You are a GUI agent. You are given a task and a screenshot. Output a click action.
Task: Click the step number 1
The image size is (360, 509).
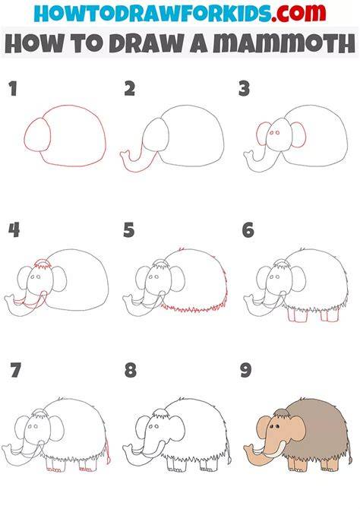[x=13, y=89]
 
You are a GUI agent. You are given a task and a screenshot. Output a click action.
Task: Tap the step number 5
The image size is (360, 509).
[x=128, y=230]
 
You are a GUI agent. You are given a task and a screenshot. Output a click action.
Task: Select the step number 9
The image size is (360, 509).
[x=246, y=370]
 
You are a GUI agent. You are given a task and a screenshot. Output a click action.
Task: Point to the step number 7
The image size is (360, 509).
[x=16, y=370]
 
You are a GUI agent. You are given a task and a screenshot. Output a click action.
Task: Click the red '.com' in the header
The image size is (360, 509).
[x=298, y=12]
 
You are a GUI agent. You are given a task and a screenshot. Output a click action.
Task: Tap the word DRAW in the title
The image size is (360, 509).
[x=146, y=43]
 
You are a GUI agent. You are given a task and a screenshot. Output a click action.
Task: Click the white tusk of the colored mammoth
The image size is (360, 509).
[x=276, y=450]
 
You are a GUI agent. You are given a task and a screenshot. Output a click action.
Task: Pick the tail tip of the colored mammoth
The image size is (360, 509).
[x=350, y=460]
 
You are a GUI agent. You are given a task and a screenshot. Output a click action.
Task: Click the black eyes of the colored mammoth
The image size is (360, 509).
[x=275, y=426]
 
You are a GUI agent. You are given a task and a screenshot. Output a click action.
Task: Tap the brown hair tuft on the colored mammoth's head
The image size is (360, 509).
[x=281, y=413]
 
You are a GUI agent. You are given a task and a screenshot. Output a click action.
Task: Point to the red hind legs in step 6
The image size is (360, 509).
[x=329, y=315]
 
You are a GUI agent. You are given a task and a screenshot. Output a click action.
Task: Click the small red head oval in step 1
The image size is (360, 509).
[x=36, y=134]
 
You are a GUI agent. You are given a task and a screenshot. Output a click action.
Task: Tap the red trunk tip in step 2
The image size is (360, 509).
[x=125, y=155]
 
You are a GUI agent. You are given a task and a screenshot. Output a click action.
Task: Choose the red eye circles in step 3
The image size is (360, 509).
[x=274, y=133]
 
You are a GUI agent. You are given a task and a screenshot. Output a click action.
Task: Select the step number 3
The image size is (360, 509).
[x=244, y=89]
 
